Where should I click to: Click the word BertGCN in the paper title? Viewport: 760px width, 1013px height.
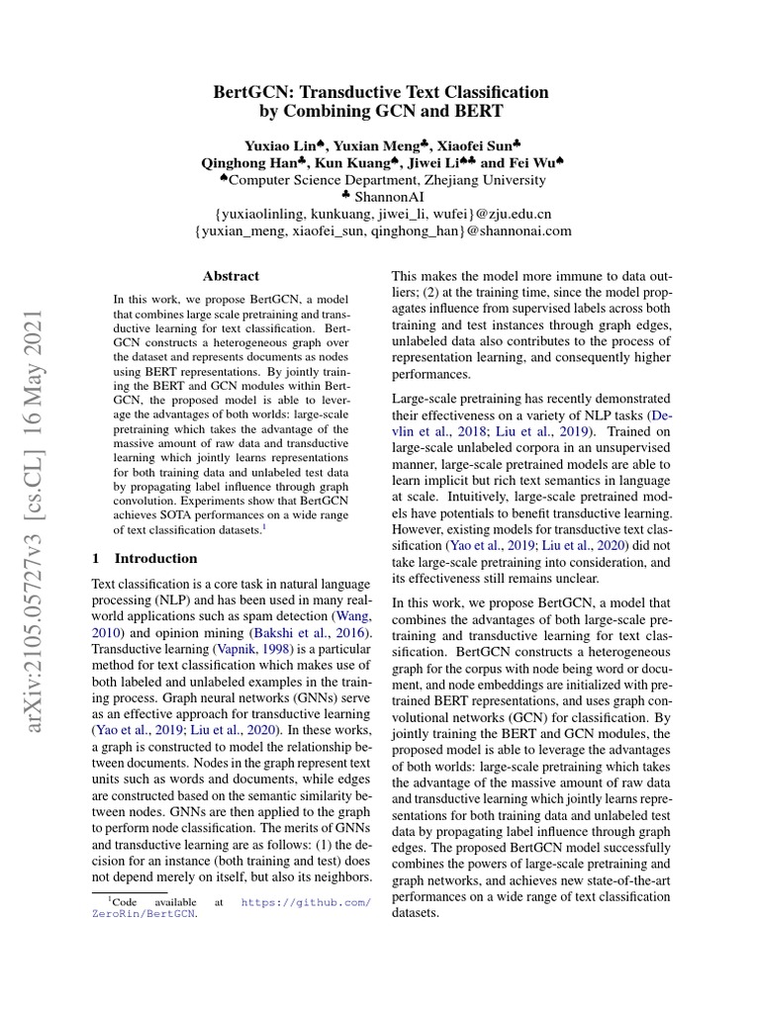click(252, 92)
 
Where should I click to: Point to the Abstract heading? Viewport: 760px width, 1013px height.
click(231, 276)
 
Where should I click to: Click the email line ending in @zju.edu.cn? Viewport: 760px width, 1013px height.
click(382, 214)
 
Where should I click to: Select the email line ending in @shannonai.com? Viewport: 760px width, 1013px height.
click(382, 230)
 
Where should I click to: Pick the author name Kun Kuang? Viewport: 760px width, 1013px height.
click(353, 162)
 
